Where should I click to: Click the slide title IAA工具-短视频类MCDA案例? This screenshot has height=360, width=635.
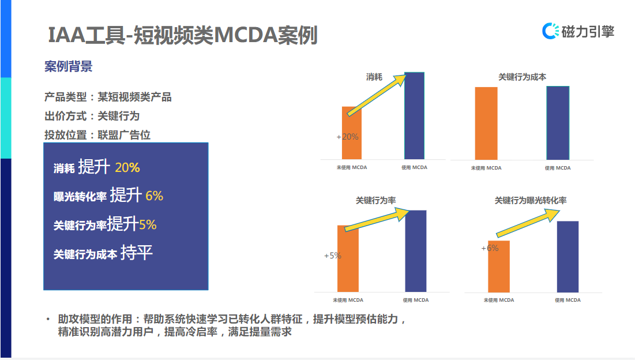coord(182,36)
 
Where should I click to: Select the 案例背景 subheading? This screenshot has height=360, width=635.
coord(68,67)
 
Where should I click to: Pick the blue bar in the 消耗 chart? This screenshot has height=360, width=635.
coord(414,115)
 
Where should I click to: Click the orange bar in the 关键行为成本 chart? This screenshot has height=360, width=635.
coord(486,123)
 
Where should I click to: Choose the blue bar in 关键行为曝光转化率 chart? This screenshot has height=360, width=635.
coord(568,256)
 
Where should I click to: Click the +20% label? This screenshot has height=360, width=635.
coord(347,137)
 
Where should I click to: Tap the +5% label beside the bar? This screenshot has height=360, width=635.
coord(333,256)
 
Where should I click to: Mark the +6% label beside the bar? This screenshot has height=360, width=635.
coord(490,248)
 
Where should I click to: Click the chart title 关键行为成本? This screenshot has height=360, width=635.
coord(522,77)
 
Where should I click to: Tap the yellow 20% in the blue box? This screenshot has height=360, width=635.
coord(127,168)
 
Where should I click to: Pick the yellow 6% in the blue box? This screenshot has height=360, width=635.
coord(154,196)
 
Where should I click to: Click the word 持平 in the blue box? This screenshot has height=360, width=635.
coord(137,253)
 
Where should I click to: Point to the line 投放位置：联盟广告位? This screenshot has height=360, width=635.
coord(97,135)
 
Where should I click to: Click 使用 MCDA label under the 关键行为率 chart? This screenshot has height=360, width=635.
coord(416,300)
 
